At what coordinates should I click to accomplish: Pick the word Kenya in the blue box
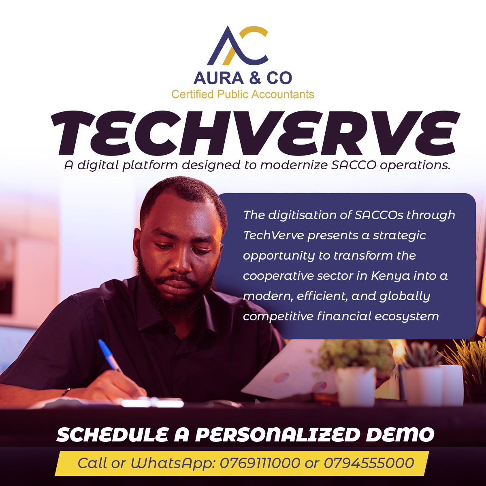tap(390, 276)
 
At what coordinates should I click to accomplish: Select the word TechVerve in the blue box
tap(273, 235)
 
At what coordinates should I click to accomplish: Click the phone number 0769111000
tap(260, 463)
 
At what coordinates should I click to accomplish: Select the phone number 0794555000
tap(369, 463)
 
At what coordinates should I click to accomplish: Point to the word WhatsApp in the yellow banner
tap(173, 463)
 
